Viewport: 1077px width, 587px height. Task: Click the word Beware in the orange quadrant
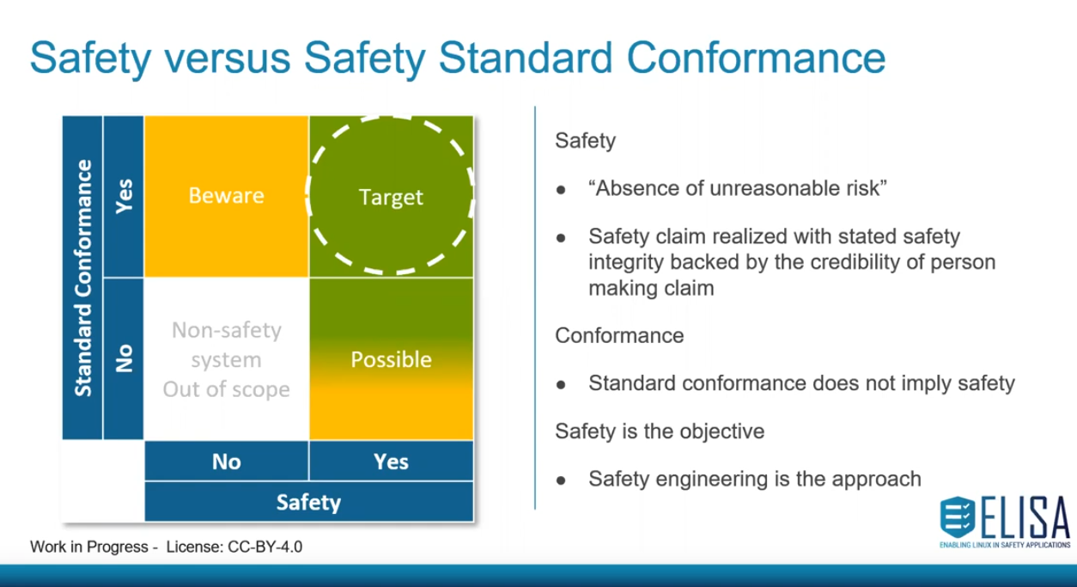[226, 196]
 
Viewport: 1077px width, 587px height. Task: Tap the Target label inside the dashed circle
[391, 198]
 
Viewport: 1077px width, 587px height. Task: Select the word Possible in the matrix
[391, 359]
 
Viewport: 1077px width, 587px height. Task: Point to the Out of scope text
[226, 389]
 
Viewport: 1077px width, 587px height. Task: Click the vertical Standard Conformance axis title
[82, 278]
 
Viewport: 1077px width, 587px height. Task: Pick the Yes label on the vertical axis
[124, 196]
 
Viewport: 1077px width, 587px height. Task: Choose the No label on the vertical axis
[124, 358]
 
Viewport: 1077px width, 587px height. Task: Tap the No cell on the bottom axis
[227, 462]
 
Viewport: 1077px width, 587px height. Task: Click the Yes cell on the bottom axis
[392, 462]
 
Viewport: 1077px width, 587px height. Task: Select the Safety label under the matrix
[308, 502]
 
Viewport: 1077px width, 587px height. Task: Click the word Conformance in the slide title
[756, 58]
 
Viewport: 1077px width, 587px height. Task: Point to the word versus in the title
[227, 58]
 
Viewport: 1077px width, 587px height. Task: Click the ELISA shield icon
[958, 517]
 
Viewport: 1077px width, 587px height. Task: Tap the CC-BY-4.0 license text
[265, 547]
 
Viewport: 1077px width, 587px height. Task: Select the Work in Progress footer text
[89, 547]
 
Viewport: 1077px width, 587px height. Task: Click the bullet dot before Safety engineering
[561, 480]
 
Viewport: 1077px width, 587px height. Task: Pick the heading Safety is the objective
[660, 431]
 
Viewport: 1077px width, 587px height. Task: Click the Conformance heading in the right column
[619, 335]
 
